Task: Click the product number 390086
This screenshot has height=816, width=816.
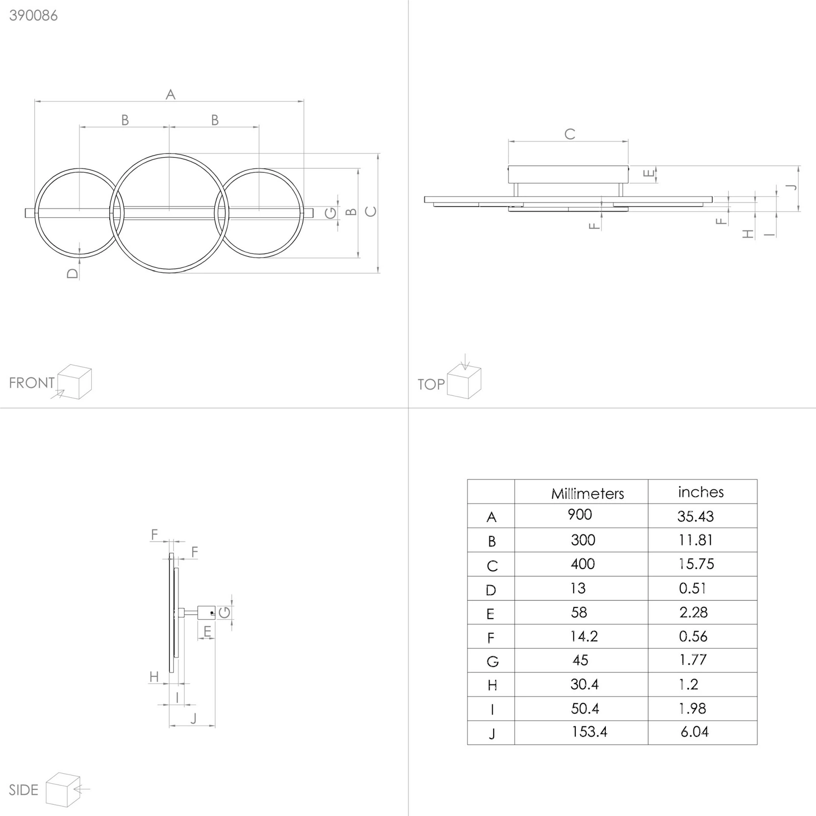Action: coord(33,16)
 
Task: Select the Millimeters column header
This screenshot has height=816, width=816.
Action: coord(588,493)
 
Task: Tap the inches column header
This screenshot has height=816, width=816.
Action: coord(701,492)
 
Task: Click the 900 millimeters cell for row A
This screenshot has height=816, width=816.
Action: coord(580,514)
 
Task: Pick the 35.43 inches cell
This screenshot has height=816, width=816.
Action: coord(696,516)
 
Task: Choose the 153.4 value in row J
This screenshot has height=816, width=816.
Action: coord(590,732)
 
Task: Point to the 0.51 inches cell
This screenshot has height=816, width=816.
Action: coord(693,588)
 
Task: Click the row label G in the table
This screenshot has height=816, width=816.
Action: coord(492,661)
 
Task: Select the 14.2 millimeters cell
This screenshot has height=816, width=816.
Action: coord(584,636)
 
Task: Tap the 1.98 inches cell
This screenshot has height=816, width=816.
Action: coord(693,708)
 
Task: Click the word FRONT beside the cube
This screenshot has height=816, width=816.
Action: coord(32,382)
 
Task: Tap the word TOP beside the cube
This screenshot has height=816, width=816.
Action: coord(431,384)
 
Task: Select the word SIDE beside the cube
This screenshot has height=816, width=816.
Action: coord(23,790)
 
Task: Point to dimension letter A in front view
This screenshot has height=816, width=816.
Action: coord(170,94)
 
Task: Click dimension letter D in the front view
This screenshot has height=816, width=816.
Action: coord(72,273)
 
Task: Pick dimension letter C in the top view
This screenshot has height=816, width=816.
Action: coord(570,134)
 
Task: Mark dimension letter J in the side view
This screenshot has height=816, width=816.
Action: coord(193,719)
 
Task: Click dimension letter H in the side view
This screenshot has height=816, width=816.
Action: coord(154,677)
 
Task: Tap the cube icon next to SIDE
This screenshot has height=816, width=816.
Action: coord(63,789)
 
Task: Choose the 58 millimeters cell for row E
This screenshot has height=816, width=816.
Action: coord(579,612)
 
